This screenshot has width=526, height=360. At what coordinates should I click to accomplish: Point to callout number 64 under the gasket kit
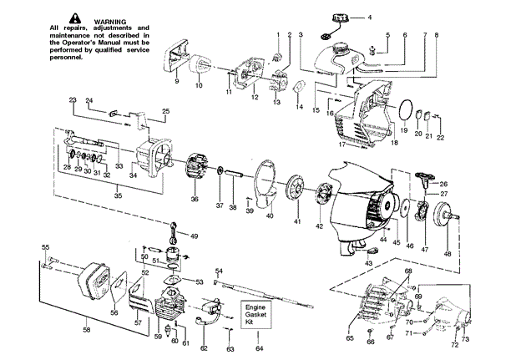(x=258, y=347)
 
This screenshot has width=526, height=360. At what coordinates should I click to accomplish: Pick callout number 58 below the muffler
(x=86, y=331)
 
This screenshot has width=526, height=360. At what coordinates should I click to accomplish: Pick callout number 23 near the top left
(x=73, y=100)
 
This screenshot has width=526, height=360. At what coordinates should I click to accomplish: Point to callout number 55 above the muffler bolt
(x=46, y=247)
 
